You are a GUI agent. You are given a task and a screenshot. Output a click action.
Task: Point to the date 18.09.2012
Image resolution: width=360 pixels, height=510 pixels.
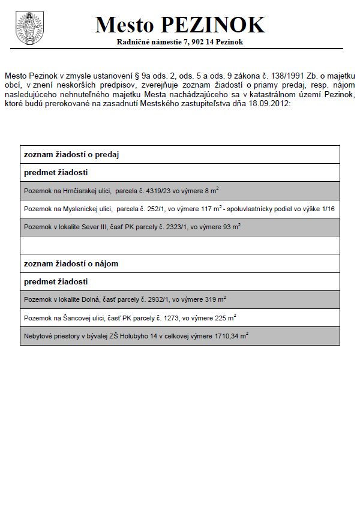pyautogui.click(x=271, y=104)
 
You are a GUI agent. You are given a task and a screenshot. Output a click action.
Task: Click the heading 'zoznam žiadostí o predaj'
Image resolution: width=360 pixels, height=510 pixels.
pyautogui.click(x=71, y=155)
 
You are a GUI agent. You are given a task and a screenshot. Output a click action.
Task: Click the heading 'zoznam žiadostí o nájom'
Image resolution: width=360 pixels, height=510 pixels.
pyautogui.click(x=71, y=263)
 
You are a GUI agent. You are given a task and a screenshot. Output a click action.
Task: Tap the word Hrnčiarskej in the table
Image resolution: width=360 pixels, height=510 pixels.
pyautogui.click(x=78, y=191)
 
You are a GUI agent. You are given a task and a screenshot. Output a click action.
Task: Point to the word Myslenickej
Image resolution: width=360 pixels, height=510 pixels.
pyautogui.click(x=79, y=209)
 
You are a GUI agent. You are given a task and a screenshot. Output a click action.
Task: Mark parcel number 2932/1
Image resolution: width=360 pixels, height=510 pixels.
pyautogui.click(x=155, y=299)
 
